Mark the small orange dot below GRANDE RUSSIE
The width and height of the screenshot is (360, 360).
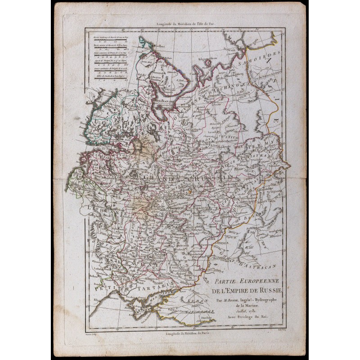click(x=190, y=191)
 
